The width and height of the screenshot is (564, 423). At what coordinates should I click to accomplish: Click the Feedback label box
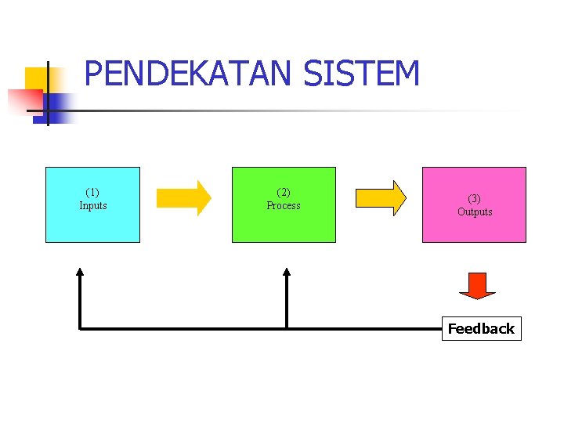[x=481, y=329]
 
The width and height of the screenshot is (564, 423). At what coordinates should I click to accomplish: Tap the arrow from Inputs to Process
[x=183, y=198]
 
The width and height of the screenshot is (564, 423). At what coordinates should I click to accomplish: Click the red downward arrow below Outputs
[x=477, y=285]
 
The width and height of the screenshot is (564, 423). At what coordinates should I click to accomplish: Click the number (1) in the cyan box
[x=92, y=192]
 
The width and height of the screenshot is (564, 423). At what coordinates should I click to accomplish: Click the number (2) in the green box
[x=284, y=192]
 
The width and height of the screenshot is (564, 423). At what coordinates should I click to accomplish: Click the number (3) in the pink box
[x=474, y=198]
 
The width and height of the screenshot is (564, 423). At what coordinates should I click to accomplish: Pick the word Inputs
[x=92, y=206]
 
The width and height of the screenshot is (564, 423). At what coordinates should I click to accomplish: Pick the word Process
[x=284, y=206]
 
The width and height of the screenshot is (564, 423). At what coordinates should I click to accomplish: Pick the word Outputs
[x=475, y=212]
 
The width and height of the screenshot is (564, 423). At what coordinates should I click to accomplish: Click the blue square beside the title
[x=59, y=107]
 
